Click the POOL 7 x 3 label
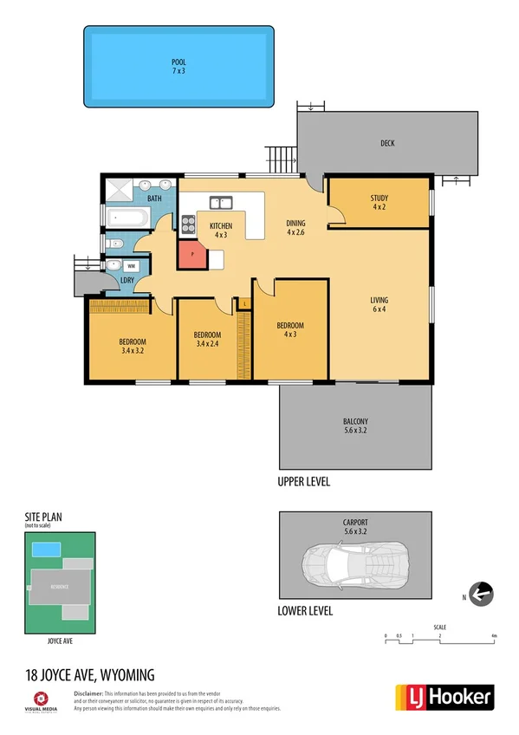click(178, 66)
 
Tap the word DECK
click(386, 144)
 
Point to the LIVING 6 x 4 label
click(379, 305)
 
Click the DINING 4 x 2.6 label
click(296, 228)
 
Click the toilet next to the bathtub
click(114, 244)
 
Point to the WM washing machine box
click(132, 266)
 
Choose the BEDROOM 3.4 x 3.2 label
click(132, 346)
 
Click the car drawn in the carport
click(354, 564)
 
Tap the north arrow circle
click(481, 594)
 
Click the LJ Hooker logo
click(444, 696)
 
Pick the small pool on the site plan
click(46, 549)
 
